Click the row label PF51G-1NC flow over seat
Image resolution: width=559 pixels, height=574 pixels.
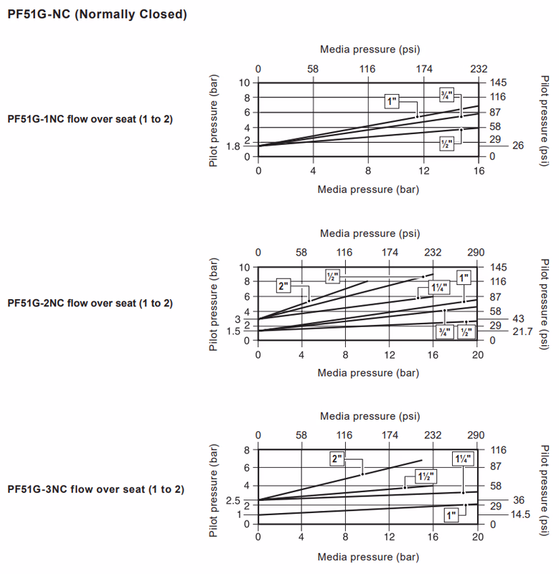[90, 119]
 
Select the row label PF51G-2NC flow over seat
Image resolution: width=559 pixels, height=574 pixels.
[90, 303]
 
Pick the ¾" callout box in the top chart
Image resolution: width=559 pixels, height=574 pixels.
[447, 94]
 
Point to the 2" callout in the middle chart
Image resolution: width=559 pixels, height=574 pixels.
[283, 286]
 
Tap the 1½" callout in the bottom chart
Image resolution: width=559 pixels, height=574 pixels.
[426, 476]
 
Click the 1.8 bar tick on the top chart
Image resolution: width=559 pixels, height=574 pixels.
[232, 146]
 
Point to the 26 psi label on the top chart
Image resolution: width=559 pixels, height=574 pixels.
[518, 146]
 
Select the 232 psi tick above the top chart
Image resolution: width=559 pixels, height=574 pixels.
[479, 69]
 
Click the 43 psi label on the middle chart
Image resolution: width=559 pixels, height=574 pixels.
[518, 319]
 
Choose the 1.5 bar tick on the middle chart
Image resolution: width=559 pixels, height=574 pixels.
[232, 331]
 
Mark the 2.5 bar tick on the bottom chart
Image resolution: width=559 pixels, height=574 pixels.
[232, 500]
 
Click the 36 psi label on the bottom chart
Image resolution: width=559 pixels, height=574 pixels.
[518, 499]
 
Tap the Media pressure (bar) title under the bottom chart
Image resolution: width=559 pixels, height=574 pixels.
[368, 557]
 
